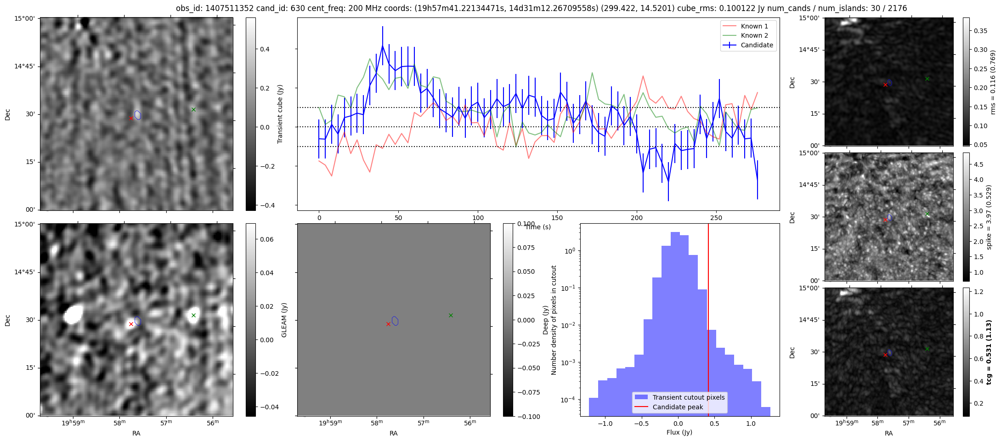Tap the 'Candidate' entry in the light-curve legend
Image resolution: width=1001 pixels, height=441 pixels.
[757, 45]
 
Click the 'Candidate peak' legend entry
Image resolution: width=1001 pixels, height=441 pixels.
[678, 407]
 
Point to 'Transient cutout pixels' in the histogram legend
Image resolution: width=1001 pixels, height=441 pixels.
[688, 397]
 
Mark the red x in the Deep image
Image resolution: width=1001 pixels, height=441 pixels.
[131, 324]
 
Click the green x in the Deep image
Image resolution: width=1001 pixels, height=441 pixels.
[193, 315]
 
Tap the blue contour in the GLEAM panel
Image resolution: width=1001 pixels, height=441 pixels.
[395, 321]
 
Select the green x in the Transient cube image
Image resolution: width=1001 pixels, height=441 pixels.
[193, 109]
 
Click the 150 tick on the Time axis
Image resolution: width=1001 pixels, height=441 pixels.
[557, 218]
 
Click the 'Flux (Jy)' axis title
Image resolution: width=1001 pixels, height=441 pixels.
[679, 432]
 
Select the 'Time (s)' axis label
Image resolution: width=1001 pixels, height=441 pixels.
[538, 227]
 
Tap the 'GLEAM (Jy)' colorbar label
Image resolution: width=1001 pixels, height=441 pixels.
[284, 320]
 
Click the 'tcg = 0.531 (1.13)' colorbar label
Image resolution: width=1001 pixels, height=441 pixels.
[989, 352]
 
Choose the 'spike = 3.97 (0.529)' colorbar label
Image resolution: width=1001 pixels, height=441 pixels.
[989, 217]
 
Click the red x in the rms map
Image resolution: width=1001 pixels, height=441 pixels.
[885, 85]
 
